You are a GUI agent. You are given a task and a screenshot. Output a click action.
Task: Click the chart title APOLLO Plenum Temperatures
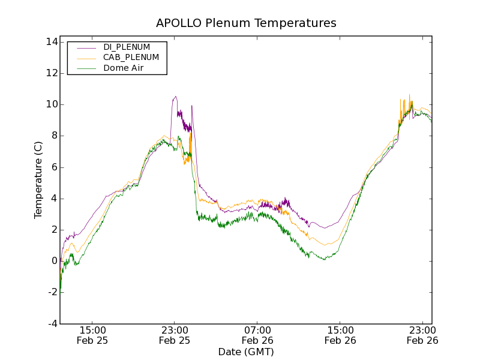(246, 23)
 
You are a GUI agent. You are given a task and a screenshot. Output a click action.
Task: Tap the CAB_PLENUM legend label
(131, 58)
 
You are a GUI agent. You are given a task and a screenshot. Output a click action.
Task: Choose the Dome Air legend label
(124, 68)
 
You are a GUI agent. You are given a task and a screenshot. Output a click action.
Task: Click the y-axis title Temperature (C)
(38, 180)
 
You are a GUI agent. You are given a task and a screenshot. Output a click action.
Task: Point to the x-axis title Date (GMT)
(246, 352)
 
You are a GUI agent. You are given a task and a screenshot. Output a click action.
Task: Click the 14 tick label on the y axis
(50, 42)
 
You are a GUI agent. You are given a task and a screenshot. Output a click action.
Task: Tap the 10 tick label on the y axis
(50, 104)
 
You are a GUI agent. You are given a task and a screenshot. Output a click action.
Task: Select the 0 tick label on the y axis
(53, 261)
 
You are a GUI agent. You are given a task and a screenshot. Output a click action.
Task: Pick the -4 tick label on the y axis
(52, 323)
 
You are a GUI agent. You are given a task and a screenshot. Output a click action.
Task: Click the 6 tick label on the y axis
(53, 167)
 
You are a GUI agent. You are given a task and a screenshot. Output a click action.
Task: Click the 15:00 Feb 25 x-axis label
(92, 335)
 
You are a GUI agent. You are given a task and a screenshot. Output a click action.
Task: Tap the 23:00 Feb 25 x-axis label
(175, 335)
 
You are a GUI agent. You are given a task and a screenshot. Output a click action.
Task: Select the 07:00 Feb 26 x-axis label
(257, 335)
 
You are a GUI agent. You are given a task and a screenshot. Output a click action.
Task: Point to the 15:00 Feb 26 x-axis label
(340, 335)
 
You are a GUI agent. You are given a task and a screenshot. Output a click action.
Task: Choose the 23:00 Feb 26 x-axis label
(422, 335)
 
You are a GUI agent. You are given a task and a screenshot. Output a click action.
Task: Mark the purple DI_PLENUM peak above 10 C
(175, 97)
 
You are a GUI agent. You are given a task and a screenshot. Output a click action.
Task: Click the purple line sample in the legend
(84, 47)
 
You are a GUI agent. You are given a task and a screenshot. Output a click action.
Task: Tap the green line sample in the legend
(84, 69)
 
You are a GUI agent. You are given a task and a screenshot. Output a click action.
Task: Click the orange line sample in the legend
(84, 58)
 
